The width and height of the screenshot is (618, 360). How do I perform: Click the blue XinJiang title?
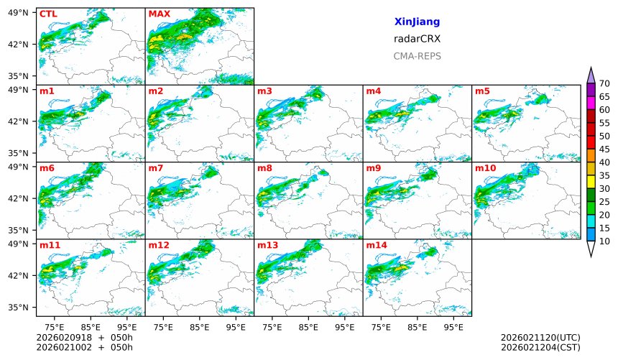coord(417,22)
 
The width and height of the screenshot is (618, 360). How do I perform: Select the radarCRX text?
coord(417,39)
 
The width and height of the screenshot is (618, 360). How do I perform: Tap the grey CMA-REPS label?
coord(417,56)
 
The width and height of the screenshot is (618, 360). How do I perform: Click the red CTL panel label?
coord(48,14)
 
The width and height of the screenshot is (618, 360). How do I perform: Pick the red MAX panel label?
coord(159,14)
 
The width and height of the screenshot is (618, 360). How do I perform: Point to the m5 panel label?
coord(482,91)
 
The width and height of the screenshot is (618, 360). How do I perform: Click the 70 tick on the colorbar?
coord(604,83)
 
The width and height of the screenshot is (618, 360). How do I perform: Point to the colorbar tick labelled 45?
coord(604,149)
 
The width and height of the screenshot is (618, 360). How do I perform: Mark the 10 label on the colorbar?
coord(604,241)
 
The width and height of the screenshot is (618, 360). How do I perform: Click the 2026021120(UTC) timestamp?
coord(540,338)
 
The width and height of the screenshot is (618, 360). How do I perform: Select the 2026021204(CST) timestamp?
coord(540,347)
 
